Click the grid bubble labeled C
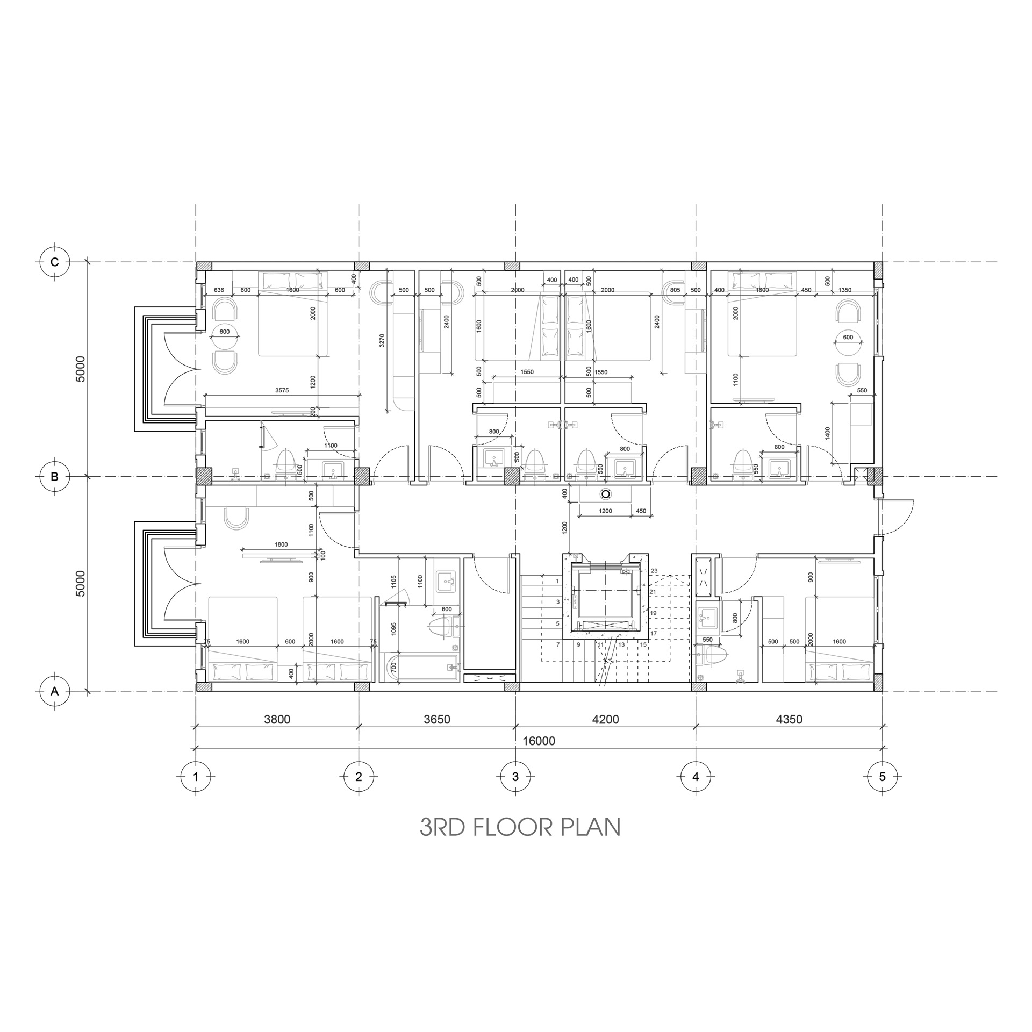point(55,262)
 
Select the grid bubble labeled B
point(55,476)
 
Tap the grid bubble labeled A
point(55,691)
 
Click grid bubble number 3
point(515,777)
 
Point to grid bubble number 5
point(882,777)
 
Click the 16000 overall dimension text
point(539,741)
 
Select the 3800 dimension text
point(277,719)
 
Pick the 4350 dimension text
point(789,719)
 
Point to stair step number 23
point(654,571)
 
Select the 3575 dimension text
point(282,391)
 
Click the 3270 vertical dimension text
point(382,340)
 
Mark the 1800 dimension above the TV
point(281,544)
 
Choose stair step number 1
point(557,581)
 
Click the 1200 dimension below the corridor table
point(605,511)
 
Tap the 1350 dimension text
point(845,290)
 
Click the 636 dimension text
point(219,290)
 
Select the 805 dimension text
point(675,290)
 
